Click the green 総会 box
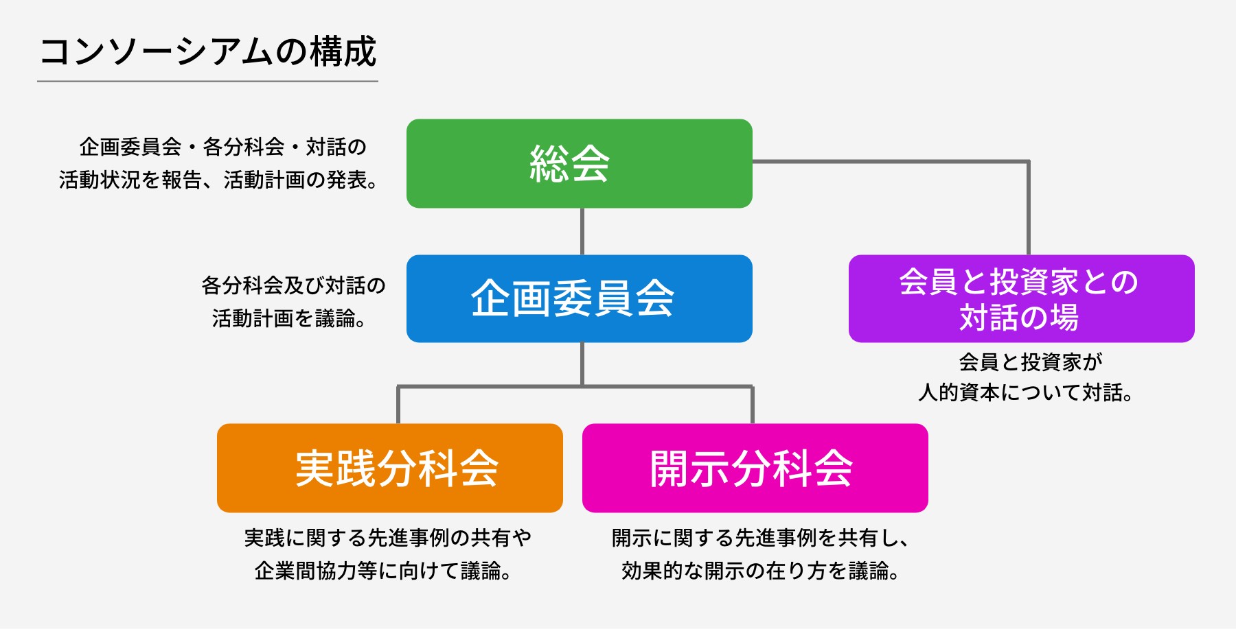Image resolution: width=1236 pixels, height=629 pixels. (x=579, y=163)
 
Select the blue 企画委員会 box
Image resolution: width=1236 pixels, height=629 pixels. (x=579, y=298)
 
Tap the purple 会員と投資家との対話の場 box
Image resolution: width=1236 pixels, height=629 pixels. (x=1021, y=298)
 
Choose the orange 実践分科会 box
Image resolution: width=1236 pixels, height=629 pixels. (x=389, y=468)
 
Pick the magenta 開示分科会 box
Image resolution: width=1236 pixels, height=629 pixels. (x=755, y=468)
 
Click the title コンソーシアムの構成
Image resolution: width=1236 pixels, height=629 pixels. (x=207, y=51)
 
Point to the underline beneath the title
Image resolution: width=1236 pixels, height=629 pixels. (x=207, y=81)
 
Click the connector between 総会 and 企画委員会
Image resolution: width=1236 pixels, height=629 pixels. (x=582, y=231)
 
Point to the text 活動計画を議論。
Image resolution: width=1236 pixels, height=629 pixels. (x=288, y=318)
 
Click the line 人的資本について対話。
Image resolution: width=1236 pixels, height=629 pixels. (x=1025, y=392)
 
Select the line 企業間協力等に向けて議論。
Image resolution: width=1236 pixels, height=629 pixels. (x=382, y=570)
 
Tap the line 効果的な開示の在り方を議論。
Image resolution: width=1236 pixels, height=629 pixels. (x=760, y=570)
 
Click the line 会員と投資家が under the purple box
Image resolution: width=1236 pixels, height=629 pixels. (x=1030, y=361)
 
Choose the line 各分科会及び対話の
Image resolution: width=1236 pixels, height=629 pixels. (x=293, y=285)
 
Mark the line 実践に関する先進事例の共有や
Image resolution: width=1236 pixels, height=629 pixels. (x=388, y=538)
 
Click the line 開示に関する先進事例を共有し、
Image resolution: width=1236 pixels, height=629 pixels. (x=760, y=538)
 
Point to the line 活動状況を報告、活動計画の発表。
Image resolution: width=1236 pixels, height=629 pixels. (x=218, y=180)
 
